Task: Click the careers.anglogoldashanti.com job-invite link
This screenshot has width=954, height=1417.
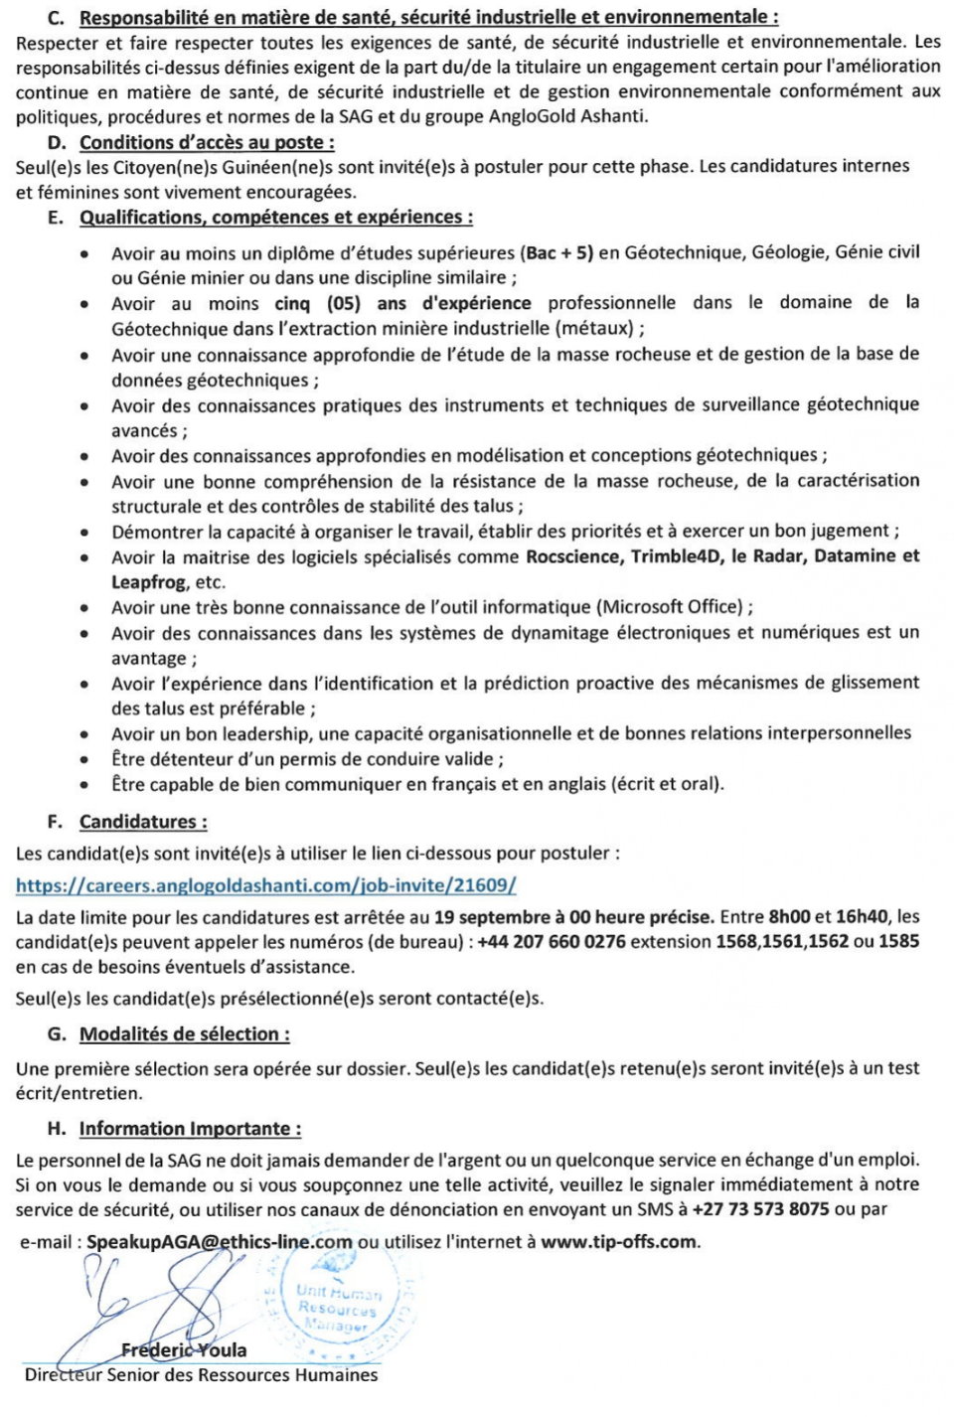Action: tap(265, 885)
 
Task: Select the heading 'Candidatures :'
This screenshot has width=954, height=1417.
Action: tap(143, 822)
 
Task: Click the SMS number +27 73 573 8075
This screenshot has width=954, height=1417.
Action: tap(760, 1209)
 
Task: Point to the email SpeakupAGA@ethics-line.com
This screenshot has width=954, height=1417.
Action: tap(220, 1241)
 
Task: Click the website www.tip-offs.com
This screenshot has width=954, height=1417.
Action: tap(618, 1241)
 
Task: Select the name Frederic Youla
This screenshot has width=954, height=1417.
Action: tap(184, 1349)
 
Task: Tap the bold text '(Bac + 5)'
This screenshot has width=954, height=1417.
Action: tap(556, 252)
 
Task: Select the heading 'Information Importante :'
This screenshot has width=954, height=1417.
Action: tap(190, 1129)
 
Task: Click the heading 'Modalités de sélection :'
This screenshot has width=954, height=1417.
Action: tap(185, 1034)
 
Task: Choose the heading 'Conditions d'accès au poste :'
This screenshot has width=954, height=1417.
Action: tap(207, 142)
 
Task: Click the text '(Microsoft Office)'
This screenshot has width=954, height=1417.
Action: tap(671, 607)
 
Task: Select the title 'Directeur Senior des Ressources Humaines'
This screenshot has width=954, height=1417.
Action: tap(201, 1375)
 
